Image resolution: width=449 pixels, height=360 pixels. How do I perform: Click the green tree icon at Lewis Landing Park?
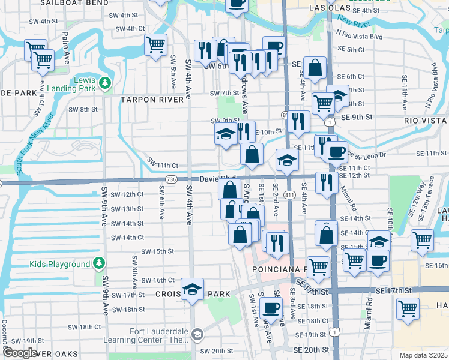pos(106,82)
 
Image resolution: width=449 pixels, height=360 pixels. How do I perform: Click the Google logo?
pos(19,352)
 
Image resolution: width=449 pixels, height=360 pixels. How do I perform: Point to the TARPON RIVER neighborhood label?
pos(152,100)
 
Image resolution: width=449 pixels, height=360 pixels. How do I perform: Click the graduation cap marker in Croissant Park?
pos(192,289)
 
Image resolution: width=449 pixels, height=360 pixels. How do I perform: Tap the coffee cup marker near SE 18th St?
pos(271,308)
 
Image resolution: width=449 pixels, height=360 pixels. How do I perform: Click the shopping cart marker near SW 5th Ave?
pos(155,44)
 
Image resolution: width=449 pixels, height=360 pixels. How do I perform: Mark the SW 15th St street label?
pos(157,251)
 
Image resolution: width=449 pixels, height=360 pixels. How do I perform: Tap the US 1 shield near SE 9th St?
pos(330,122)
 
